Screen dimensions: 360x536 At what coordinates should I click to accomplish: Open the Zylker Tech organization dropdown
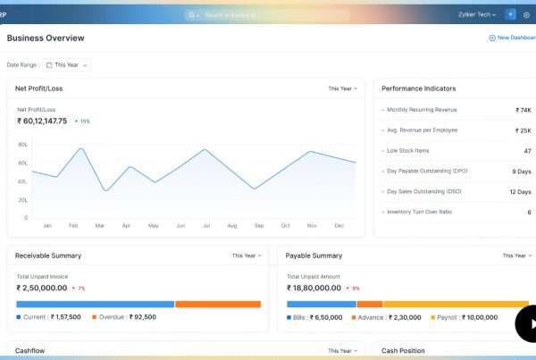(x=477, y=15)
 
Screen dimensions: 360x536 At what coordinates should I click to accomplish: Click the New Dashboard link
(x=512, y=38)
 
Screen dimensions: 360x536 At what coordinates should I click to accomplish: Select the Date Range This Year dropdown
(x=68, y=65)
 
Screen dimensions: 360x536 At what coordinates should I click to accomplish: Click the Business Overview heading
(x=46, y=38)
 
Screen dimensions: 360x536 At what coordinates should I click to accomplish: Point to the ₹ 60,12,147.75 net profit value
(x=42, y=121)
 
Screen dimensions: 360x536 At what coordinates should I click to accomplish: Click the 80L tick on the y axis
(x=22, y=144)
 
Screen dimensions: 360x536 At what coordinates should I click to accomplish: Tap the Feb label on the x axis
(x=73, y=226)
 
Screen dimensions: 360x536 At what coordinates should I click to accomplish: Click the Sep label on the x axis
(x=258, y=226)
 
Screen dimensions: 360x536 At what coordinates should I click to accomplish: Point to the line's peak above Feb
(x=80, y=149)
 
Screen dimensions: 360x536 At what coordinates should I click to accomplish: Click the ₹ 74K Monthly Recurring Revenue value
(x=523, y=110)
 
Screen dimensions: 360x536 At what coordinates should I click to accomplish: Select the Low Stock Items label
(x=408, y=151)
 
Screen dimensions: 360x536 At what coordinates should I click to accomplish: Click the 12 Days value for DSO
(x=520, y=192)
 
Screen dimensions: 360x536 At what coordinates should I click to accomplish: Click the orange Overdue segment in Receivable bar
(x=217, y=304)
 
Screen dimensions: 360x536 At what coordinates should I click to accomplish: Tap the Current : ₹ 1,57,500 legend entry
(x=52, y=317)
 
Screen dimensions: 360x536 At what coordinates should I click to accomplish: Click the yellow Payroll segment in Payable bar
(x=456, y=304)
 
